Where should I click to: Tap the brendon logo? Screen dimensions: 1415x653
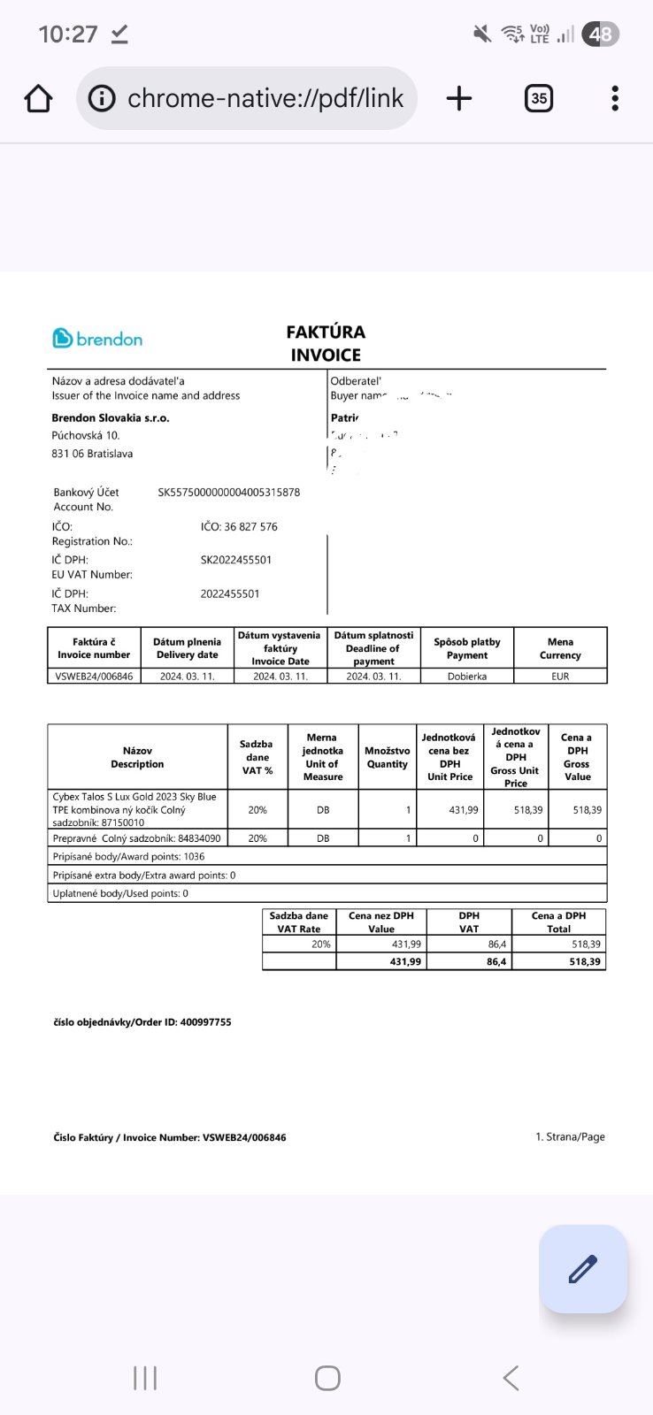pyautogui.click(x=97, y=339)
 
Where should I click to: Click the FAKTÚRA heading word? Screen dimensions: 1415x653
pyautogui.click(x=326, y=333)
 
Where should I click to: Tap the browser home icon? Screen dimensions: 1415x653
pyautogui.click(x=38, y=98)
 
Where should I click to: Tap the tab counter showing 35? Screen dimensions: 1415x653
pyautogui.click(x=539, y=98)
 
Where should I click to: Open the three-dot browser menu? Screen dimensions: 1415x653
pyautogui.click(x=615, y=98)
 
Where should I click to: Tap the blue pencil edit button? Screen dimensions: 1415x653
pyautogui.click(x=583, y=1269)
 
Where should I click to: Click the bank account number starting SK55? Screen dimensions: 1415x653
pyautogui.click(x=228, y=493)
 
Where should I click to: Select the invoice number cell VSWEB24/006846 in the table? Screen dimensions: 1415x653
pyautogui.click(x=94, y=677)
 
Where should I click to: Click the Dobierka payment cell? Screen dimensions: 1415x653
pyautogui.click(x=467, y=677)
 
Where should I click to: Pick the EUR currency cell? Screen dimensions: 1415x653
pyautogui.click(x=560, y=677)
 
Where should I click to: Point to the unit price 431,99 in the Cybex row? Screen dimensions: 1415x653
pyautogui.click(x=464, y=810)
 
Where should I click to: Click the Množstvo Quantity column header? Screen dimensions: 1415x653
pyautogui.click(x=388, y=757)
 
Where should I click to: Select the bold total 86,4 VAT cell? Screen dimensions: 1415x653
pyautogui.click(x=496, y=961)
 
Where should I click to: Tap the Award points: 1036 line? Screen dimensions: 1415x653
pyautogui.click(x=129, y=857)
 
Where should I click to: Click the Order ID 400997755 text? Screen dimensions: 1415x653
pyautogui.click(x=142, y=1022)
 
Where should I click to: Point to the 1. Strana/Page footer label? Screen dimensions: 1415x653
pyautogui.click(x=570, y=1137)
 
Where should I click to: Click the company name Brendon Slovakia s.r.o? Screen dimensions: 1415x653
pyautogui.click(x=111, y=418)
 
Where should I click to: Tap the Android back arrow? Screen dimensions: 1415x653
pyautogui.click(x=511, y=1378)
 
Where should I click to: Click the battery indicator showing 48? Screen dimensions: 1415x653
pyautogui.click(x=601, y=34)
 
